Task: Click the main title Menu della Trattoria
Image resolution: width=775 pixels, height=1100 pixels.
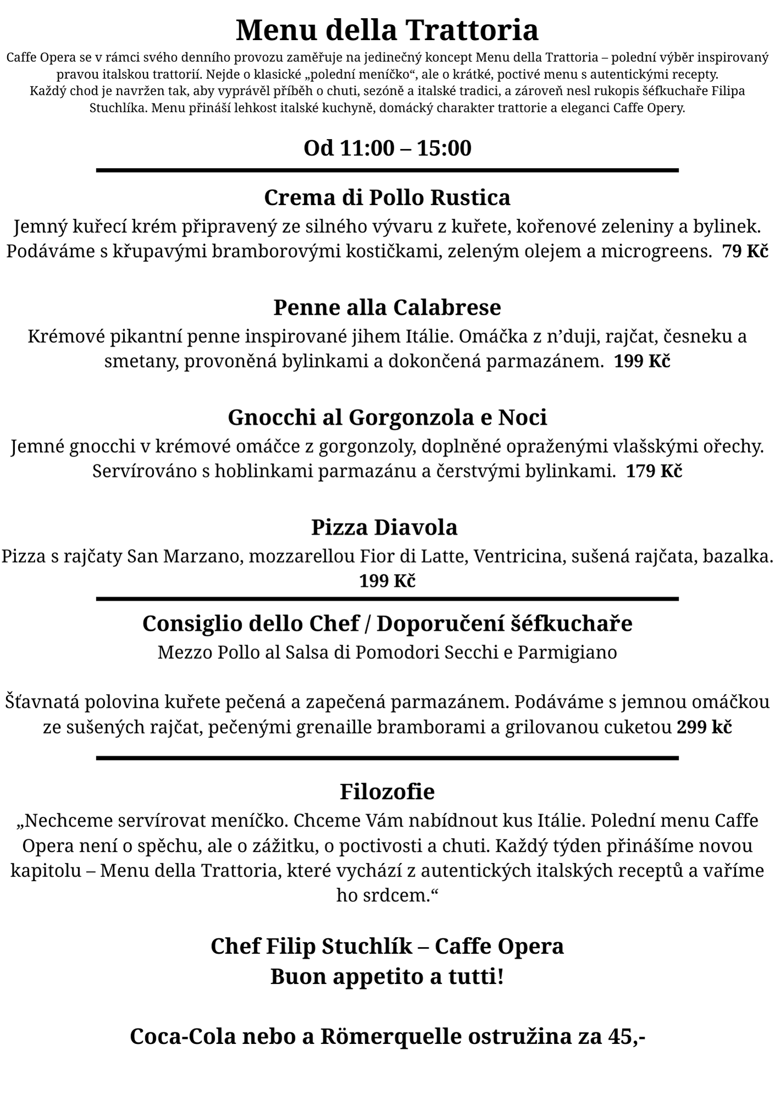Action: pos(387,30)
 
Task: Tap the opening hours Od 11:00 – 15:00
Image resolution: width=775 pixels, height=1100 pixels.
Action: pos(387,148)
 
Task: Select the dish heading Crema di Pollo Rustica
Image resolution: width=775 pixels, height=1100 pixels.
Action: pos(387,197)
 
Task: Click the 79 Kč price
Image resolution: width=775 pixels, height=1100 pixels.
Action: pos(745,251)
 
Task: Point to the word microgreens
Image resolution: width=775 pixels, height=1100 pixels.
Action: pos(653,251)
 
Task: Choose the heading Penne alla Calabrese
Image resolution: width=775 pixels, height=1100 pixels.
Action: pos(387,307)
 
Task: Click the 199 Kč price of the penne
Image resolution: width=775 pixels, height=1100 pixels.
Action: pos(642,361)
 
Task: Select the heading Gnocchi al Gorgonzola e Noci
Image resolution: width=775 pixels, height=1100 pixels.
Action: pos(387,417)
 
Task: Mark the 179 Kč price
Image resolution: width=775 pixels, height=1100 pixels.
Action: pos(654,471)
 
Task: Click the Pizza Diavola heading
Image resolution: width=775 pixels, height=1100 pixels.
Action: pos(384,527)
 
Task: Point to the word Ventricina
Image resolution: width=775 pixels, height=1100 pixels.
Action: pos(519,556)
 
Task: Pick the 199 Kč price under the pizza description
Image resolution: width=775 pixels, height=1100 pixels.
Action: pos(387,581)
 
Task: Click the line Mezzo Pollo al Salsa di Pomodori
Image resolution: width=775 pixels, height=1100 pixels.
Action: pos(387,652)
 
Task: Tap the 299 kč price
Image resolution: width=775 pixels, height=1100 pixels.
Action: pos(704,728)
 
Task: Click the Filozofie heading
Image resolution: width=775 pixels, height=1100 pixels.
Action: pos(387,792)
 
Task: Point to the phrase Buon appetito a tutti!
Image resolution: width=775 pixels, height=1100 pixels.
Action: pos(387,977)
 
